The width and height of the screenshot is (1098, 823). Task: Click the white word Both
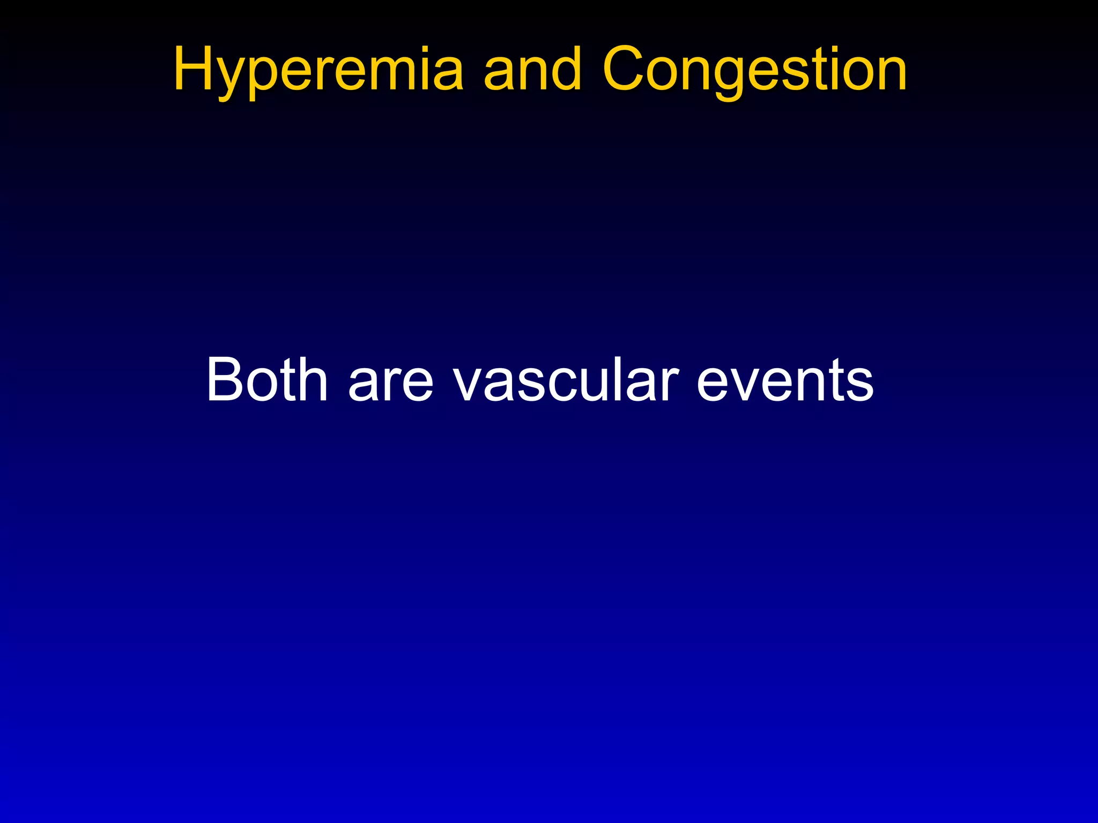tap(266, 379)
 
